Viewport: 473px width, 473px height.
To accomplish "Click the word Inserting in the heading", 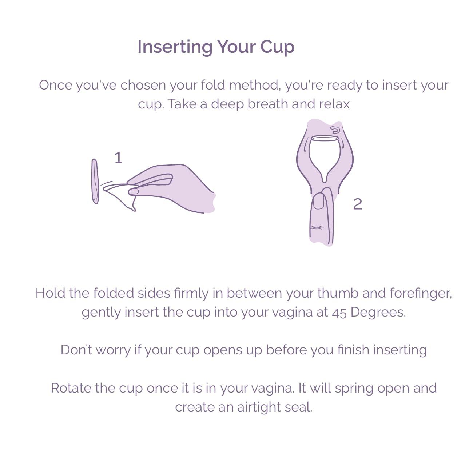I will [175, 47].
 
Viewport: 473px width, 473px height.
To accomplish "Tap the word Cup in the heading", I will [277, 47].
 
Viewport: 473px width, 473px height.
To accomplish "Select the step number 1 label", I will [118, 158].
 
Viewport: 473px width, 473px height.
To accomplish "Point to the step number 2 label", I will [357, 204].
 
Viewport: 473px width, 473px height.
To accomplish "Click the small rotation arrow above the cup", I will [335, 130].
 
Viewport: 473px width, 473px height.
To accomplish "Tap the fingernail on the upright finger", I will [319, 201].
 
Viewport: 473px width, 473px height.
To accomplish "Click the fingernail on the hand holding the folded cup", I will [134, 191].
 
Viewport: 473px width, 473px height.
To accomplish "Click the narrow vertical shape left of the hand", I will [95, 181].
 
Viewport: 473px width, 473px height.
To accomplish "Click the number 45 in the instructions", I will [339, 312].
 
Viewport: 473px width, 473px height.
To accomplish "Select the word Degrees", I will [378, 312].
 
